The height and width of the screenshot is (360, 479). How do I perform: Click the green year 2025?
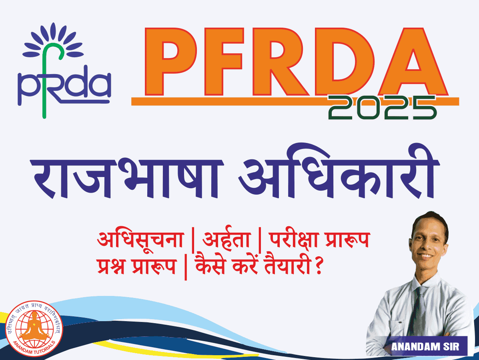[382, 107]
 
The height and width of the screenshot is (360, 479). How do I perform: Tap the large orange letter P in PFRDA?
[171, 62]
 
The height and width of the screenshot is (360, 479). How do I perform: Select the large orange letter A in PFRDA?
[413, 62]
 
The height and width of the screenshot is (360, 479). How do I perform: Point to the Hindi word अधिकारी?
[339, 172]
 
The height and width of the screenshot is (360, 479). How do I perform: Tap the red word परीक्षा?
[295, 239]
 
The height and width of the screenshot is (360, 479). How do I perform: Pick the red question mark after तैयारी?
[318, 266]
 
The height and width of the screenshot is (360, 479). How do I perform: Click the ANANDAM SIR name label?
[425, 346]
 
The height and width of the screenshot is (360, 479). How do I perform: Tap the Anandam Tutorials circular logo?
[34, 329]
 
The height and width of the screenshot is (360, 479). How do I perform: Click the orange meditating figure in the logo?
[34, 327]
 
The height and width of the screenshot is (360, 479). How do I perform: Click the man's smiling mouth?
[427, 255]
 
